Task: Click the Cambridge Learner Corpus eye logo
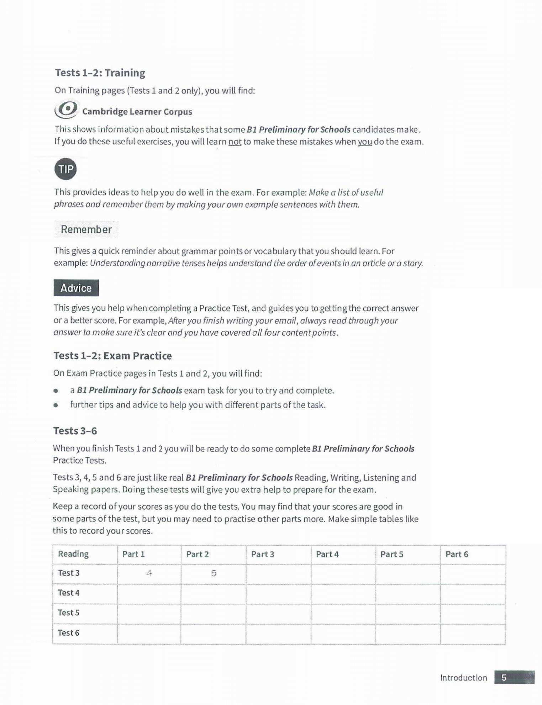(66, 109)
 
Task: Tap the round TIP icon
(65, 169)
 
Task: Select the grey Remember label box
(86, 229)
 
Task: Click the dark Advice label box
(76, 288)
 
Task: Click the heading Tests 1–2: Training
(100, 73)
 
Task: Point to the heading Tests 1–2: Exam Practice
(112, 356)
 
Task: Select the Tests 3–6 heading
(75, 431)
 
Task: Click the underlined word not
(235, 142)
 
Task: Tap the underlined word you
(365, 142)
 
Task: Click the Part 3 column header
(263, 554)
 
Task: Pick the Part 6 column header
(457, 554)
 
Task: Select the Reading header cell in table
(73, 554)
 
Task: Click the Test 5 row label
(69, 613)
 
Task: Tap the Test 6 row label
(69, 633)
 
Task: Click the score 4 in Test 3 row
(149, 573)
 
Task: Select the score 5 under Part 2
(214, 573)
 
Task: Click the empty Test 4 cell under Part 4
(343, 593)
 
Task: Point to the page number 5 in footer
(504, 678)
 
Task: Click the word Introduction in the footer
(464, 678)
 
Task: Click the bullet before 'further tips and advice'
(56, 405)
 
